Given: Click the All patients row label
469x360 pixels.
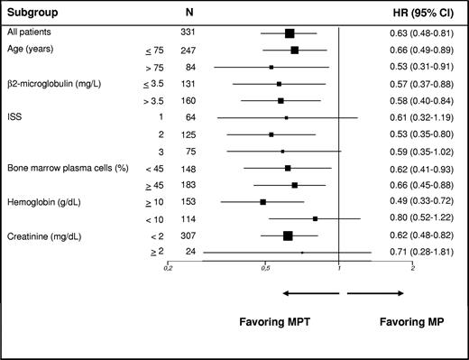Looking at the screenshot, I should pyautogui.click(x=30, y=33).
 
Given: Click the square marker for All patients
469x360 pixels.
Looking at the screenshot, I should pyautogui.click(x=290, y=33).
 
